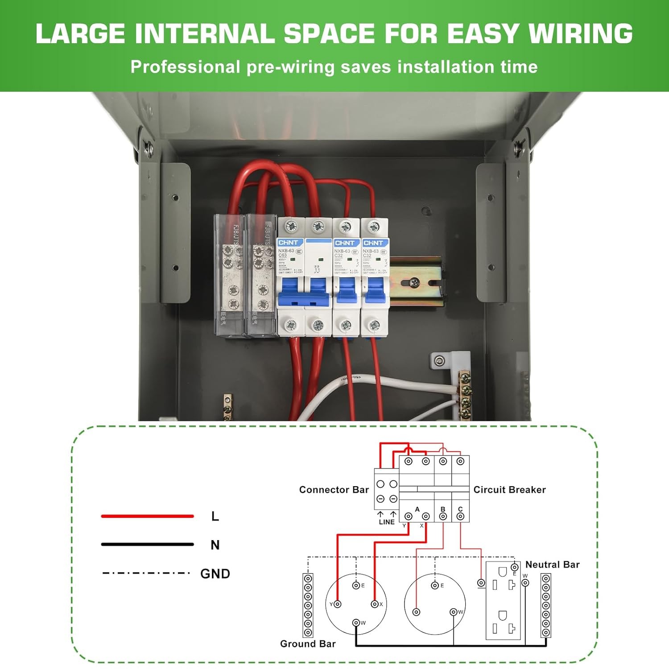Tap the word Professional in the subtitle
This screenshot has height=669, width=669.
(185, 67)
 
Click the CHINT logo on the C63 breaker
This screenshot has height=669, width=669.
(288, 243)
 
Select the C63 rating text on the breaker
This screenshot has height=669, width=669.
(282, 256)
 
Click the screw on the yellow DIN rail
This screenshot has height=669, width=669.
(415, 282)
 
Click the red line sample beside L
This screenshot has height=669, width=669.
(147, 516)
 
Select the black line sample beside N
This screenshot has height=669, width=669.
(147, 544)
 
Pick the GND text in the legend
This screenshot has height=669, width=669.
(215, 574)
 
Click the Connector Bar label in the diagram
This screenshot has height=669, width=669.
(334, 490)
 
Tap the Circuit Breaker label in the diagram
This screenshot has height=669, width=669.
(509, 490)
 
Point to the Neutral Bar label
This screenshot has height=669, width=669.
(552, 565)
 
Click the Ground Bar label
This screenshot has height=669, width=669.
(308, 644)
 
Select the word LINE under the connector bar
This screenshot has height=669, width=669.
(387, 522)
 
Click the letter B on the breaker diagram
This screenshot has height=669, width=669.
(443, 509)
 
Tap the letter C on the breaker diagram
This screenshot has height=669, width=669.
(460, 509)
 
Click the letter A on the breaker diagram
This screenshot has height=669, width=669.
(417, 509)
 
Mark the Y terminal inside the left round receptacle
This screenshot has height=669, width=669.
(338, 604)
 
